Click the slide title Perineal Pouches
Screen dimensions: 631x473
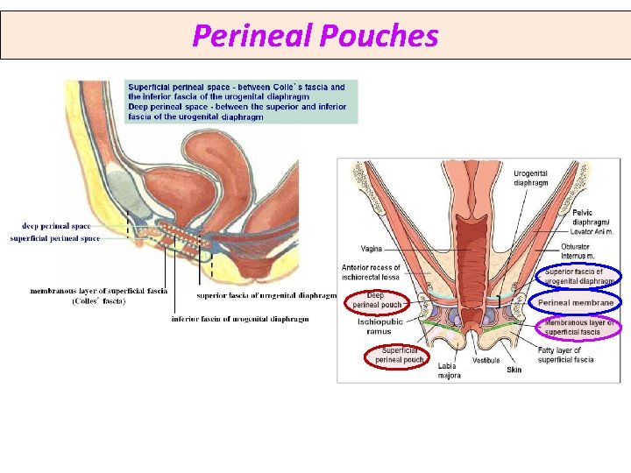point(315,36)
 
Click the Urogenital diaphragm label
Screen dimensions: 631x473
point(530,179)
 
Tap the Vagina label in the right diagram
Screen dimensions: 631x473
point(371,249)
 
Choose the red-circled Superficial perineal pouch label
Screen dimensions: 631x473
point(400,355)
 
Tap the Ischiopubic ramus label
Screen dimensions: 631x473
point(380,326)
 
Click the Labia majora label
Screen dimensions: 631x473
point(449,371)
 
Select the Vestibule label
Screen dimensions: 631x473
point(486,360)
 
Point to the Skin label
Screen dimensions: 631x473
point(514,370)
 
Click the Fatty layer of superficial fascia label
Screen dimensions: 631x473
point(565,355)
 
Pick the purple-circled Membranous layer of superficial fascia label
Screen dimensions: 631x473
point(578,328)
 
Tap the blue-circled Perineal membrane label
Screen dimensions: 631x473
point(576,302)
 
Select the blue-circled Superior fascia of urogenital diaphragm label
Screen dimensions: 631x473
point(579,276)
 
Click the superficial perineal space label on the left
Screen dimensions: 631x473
point(55,238)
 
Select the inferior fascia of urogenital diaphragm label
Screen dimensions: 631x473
point(240,319)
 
